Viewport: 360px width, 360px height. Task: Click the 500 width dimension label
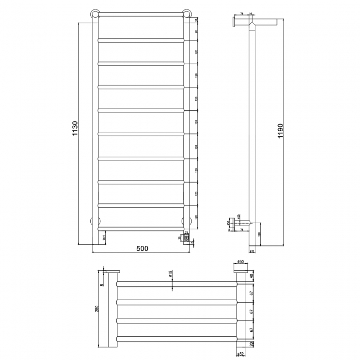pyautogui.click(x=142, y=249)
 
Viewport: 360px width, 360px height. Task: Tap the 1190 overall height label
pyautogui.click(x=281, y=133)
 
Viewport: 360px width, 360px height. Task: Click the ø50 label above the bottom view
pyautogui.click(x=240, y=261)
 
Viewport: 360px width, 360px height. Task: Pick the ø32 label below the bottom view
pyautogui.click(x=240, y=353)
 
